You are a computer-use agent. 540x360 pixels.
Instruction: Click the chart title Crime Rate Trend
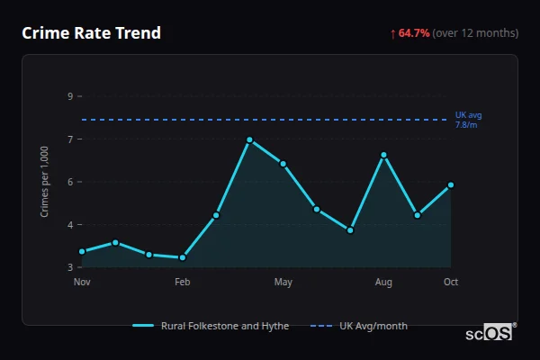[91, 33]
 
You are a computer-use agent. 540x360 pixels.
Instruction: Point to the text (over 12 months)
[475, 33]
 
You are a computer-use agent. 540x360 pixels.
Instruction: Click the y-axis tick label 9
[70, 96]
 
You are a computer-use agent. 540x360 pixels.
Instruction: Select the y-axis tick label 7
[70, 139]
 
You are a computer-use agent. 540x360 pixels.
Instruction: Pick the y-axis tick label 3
[70, 267]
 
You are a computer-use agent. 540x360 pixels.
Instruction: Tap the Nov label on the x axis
[82, 283]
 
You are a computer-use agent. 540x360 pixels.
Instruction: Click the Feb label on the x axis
[183, 283]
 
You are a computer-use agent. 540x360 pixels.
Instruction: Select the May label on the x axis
[283, 283]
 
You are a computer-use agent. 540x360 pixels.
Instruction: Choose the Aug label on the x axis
[383, 283]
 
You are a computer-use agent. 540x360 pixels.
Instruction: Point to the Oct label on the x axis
[451, 283]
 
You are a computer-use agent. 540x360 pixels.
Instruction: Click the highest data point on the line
[249, 139]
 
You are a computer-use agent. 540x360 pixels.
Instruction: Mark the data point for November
[82, 252]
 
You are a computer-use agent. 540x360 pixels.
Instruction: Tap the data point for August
[383, 155]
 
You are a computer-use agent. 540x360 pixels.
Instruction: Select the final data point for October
[451, 185]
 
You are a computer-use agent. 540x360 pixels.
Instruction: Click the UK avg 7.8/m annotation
[469, 120]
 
